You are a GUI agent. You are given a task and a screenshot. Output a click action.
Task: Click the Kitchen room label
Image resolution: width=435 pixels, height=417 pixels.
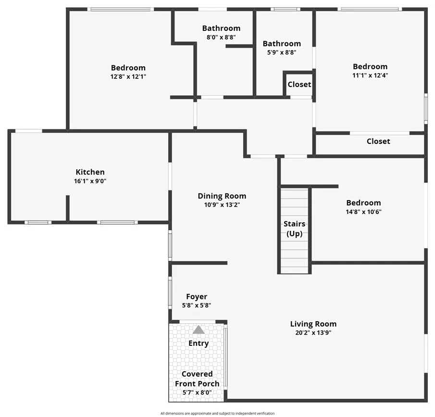(90, 172)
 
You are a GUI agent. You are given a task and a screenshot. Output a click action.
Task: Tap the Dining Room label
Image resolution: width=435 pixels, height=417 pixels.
(222, 196)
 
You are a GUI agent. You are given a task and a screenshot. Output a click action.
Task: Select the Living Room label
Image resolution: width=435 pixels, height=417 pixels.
(313, 324)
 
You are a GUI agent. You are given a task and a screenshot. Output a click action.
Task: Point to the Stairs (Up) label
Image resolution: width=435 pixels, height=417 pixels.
(294, 229)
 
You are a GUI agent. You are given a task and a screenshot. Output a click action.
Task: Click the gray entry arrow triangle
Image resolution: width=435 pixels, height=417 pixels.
(199, 330)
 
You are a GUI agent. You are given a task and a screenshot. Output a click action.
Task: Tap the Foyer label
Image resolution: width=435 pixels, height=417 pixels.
(197, 297)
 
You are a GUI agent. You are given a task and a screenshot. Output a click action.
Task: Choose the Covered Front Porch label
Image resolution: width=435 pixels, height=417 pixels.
(197, 379)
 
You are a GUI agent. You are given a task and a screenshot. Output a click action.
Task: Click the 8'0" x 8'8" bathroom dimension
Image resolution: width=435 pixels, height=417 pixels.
(221, 37)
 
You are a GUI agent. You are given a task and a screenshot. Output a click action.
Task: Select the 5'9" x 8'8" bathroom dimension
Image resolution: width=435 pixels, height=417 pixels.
(282, 52)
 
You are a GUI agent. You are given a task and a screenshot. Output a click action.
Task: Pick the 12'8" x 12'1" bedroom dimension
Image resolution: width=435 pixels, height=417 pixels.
(128, 76)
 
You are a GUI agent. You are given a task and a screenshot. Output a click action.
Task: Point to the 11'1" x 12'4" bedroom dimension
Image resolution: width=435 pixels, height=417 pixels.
(370, 75)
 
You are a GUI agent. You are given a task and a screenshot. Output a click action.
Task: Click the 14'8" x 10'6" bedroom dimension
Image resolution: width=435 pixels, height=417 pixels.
(363, 211)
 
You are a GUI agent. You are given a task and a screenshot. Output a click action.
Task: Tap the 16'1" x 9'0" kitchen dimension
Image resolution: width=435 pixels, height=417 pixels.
(90, 181)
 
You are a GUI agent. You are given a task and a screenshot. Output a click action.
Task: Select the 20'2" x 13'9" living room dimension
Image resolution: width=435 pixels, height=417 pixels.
(313, 332)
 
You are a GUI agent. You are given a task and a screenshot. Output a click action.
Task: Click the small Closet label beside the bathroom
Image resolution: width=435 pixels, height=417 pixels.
(299, 85)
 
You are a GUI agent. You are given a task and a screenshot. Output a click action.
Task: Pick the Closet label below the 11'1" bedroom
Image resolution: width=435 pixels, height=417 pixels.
(378, 141)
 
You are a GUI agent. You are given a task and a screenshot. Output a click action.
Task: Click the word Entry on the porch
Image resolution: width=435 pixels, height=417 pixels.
(199, 343)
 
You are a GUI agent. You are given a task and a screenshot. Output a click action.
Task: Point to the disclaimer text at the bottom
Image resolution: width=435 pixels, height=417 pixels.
(217, 413)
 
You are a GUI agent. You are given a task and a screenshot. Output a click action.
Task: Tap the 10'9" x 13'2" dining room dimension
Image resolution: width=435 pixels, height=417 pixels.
(222, 204)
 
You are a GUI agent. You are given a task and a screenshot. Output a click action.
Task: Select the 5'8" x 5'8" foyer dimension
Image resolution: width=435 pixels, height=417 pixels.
(197, 305)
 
